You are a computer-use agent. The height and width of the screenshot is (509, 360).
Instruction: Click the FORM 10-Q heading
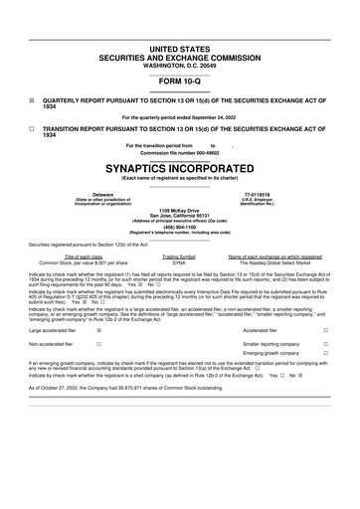[179, 83]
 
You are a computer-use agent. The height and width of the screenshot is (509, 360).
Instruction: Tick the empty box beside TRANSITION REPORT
[32, 128]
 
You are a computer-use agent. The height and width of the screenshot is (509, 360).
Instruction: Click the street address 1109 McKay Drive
[179, 211]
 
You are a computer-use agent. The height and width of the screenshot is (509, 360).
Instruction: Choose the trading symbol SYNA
[179, 262]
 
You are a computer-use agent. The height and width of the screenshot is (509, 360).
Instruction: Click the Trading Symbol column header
[179, 256]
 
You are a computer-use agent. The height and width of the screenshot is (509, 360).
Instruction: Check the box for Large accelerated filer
[98, 329]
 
